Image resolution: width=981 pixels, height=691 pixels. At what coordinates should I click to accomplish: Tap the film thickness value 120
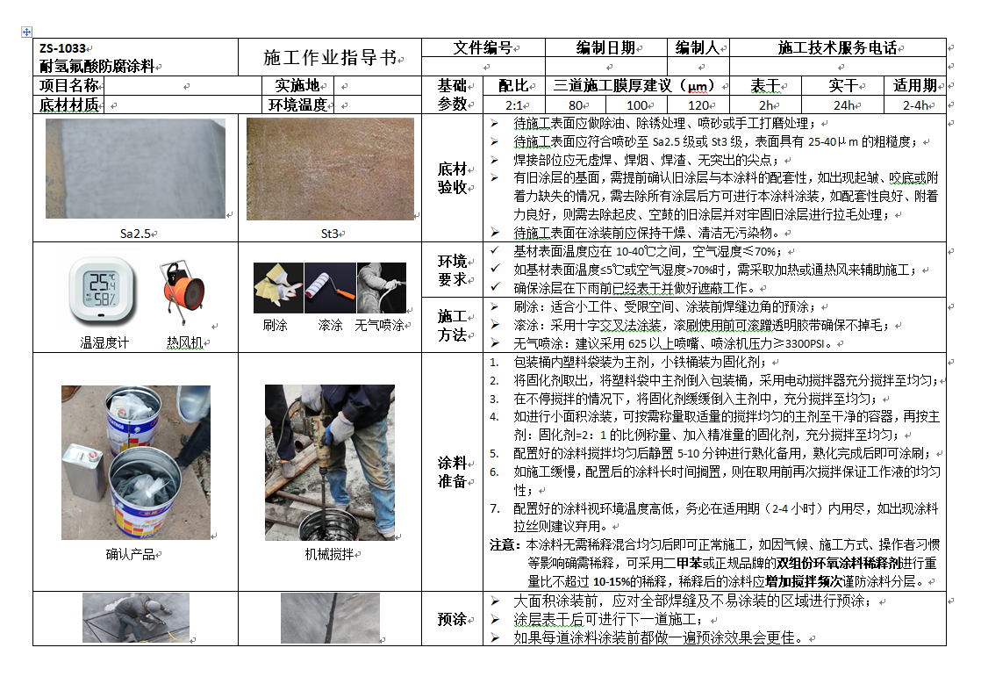click(698, 105)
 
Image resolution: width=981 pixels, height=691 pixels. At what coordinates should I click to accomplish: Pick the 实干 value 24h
click(843, 105)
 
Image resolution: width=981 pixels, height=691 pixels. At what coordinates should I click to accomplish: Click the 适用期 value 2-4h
click(915, 105)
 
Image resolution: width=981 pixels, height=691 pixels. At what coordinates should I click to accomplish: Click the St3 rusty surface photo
click(330, 169)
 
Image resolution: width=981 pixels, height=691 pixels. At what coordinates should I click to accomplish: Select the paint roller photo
click(330, 288)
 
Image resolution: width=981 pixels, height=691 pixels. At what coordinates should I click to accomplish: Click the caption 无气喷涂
click(379, 325)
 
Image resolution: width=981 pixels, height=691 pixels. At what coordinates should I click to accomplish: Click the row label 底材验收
click(452, 178)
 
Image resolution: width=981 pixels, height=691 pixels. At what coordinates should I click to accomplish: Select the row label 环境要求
click(452, 270)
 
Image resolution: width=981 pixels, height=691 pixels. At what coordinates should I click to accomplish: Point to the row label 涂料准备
click(452, 471)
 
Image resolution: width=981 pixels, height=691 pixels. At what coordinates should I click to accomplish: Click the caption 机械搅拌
click(329, 554)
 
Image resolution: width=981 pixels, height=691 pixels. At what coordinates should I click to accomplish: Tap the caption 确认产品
click(131, 554)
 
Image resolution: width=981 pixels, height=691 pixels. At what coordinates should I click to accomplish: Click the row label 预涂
click(452, 619)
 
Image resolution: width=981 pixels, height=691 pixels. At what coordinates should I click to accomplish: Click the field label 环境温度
click(298, 105)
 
